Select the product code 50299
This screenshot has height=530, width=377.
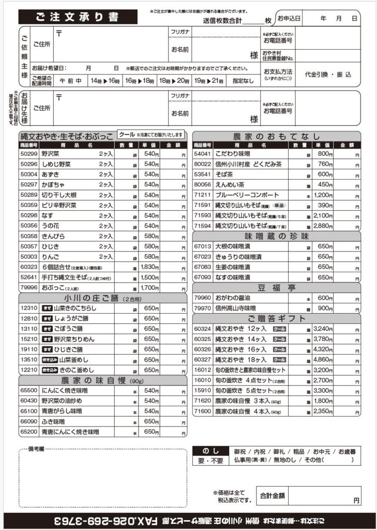pyautogui.click(x=29, y=154)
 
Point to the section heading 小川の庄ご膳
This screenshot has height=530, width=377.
pyautogui.click(x=102, y=298)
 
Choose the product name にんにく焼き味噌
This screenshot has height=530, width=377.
pyautogui.click(x=64, y=390)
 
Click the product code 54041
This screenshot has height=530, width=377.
pyautogui.click(x=202, y=154)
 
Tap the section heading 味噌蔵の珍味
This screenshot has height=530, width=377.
pyautogui.click(x=276, y=236)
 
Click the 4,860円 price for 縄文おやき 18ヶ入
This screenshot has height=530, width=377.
pyautogui.click(x=323, y=359)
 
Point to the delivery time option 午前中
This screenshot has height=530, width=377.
pyautogui.click(x=70, y=81)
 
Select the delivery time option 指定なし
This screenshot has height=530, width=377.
pyautogui.click(x=243, y=81)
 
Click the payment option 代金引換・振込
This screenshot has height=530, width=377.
pyautogui.click(x=328, y=75)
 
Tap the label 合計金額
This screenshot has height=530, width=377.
pyautogui.click(x=273, y=495)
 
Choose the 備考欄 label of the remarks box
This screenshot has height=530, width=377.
pyautogui.click(x=37, y=448)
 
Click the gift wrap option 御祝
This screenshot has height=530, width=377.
pyautogui.click(x=240, y=451)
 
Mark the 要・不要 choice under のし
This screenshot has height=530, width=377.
pyautogui.click(x=210, y=461)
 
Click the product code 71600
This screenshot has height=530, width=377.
pyautogui.click(x=202, y=411)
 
